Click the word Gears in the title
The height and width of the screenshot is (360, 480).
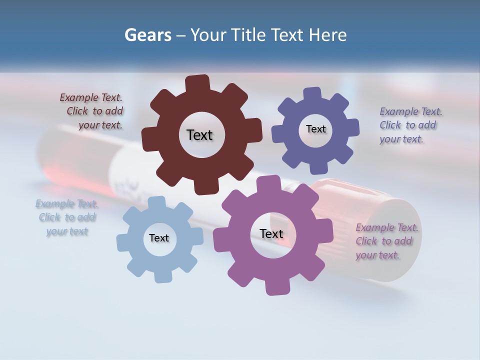pyautogui.click(x=148, y=35)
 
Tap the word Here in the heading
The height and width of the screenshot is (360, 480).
pyautogui.click(x=327, y=35)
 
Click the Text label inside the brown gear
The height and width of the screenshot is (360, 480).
pyautogui.click(x=199, y=135)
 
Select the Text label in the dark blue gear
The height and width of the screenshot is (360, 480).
pyautogui.click(x=315, y=129)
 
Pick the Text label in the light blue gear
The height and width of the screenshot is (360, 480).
pyautogui.click(x=159, y=238)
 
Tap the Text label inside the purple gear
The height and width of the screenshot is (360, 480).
pyautogui.click(x=271, y=233)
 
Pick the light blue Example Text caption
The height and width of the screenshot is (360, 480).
pyautogui.click(x=67, y=217)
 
